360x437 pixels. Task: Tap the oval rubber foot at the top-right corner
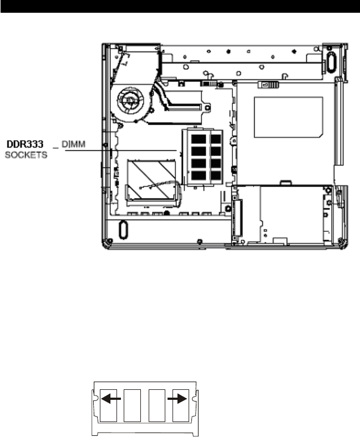[x=331, y=59]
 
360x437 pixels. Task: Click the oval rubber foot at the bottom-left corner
[x=123, y=228]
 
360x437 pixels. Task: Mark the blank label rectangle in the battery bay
[x=288, y=116]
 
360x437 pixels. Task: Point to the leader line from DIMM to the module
[x=122, y=150]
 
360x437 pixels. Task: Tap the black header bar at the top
[x=180, y=6]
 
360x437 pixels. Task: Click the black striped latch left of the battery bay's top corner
[x=210, y=83]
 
